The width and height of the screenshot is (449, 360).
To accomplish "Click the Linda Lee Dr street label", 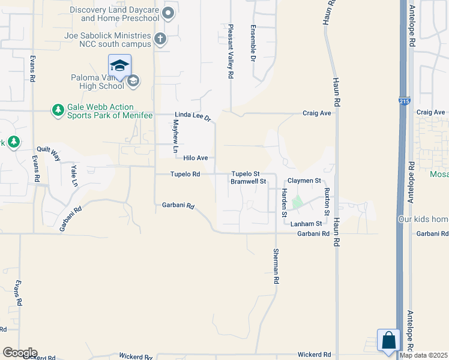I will click(193, 116).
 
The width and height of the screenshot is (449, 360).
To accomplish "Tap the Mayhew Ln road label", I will click(176, 135).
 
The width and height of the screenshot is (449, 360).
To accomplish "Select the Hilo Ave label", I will click(196, 158).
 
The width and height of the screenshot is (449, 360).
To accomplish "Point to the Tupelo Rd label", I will click(185, 175).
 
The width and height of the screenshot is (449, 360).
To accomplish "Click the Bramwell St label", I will click(249, 181).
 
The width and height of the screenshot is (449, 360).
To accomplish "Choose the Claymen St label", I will click(304, 180).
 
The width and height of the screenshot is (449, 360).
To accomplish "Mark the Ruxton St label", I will click(327, 201).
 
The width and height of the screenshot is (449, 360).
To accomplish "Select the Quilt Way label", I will click(49, 154).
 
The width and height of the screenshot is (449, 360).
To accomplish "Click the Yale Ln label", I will click(74, 174).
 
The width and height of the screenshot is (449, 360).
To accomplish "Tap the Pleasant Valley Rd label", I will click(230, 52).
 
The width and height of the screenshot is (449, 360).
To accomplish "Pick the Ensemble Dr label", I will click(253, 43).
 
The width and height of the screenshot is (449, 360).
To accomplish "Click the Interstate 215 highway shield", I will click(406, 101).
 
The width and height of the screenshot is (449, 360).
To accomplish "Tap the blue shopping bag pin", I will click(388, 340).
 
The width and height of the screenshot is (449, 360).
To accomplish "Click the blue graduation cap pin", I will click(119, 65).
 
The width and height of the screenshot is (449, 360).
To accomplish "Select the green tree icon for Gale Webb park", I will click(58, 110).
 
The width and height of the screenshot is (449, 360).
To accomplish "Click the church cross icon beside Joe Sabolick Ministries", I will click(160, 40).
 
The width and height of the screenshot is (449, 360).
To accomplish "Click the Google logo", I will click(20, 353).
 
